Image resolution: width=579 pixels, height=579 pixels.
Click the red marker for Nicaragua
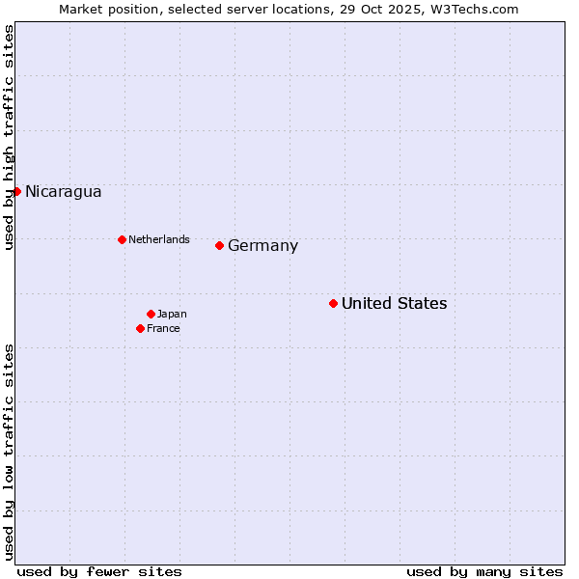(x=16, y=191)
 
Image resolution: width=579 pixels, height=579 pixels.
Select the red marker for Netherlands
(x=122, y=239)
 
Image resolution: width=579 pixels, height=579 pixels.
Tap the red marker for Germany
(x=220, y=245)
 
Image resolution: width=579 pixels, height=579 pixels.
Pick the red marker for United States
(x=333, y=303)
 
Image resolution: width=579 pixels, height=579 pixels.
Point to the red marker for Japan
(x=151, y=314)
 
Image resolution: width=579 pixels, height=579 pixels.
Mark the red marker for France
(x=141, y=328)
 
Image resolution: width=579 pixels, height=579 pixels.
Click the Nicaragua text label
(x=64, y=191)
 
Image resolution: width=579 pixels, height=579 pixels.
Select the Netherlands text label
(x=159, y=239)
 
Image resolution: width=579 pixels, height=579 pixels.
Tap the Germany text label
(x=263, y=245)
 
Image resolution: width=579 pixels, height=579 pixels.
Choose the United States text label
(x=395, y=303)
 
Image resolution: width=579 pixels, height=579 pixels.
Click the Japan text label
(x=172, y=314)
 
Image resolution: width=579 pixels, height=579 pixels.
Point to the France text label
(x=164, y=328)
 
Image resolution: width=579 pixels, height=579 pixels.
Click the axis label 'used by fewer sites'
(x=99, y=571)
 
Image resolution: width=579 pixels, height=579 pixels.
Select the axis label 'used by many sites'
(x=484, y=571)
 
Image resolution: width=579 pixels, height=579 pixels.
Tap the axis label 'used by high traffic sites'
(x=10, y=138)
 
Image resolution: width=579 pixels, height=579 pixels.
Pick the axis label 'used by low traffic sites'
(x=10, y=452)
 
